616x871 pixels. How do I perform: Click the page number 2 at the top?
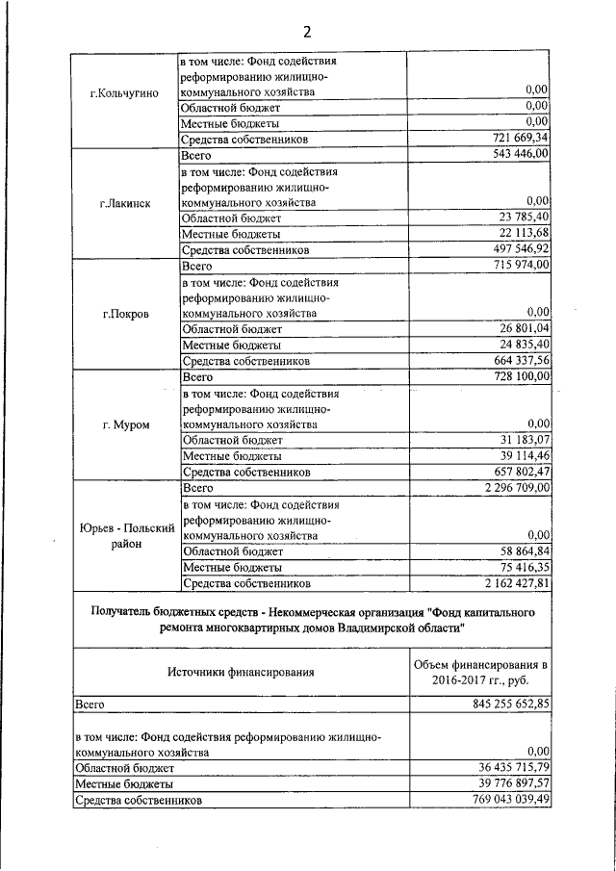tap(308, 28)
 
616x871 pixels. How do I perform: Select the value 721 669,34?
tap(514, 140)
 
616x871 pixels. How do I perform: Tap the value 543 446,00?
tap(514, 154)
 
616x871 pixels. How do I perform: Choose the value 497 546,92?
tap(514, 249)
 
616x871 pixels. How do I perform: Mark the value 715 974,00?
tap(514, 265)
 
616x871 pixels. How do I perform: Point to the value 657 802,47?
tap(514, 473)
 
